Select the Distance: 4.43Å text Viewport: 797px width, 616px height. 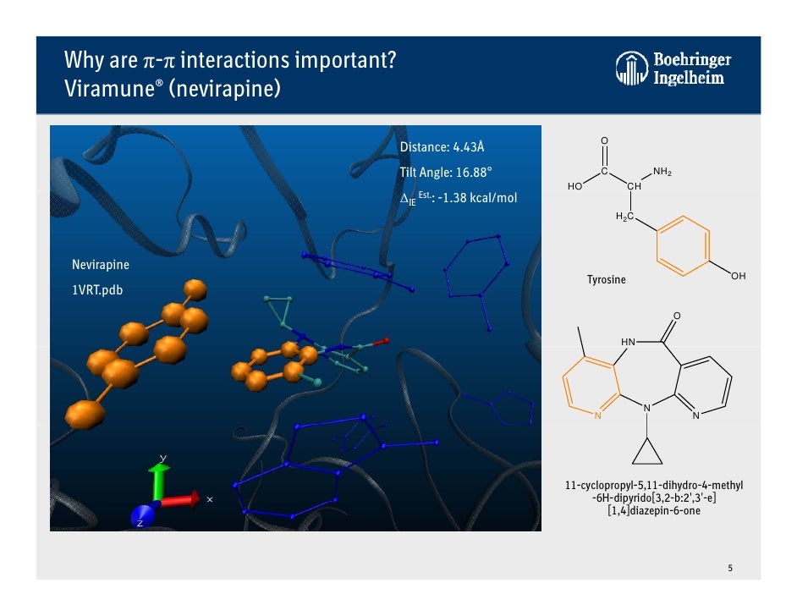[x=442, y=147]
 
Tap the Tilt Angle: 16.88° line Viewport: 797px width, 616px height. [x=446, y=173]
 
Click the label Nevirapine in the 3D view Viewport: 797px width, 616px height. [x=101, y=265]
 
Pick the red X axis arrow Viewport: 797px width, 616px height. [x=181, y=499]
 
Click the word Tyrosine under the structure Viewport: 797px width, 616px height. [x=607, y=280]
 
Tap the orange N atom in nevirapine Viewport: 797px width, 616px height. [x=596, y=416]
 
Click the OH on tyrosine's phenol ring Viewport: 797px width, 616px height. [x=737, y=278]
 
